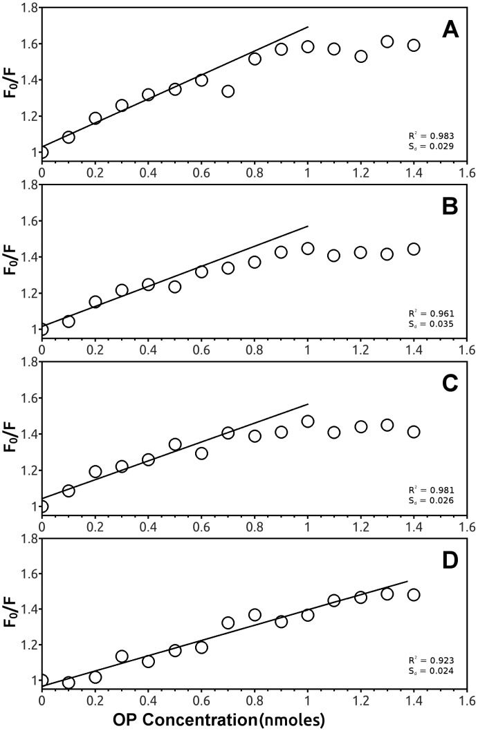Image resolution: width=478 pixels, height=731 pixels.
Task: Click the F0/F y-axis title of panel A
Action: point(12,82)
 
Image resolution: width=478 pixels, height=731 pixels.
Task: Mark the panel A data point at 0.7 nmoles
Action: point(228,91)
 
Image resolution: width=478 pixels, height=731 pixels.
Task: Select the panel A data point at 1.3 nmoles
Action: point(387,41)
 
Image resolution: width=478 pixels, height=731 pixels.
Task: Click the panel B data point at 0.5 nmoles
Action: point(175,287)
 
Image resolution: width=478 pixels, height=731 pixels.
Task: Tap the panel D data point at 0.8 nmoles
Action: point(255,614)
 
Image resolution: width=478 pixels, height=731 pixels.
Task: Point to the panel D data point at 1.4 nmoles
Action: point(414,594)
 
